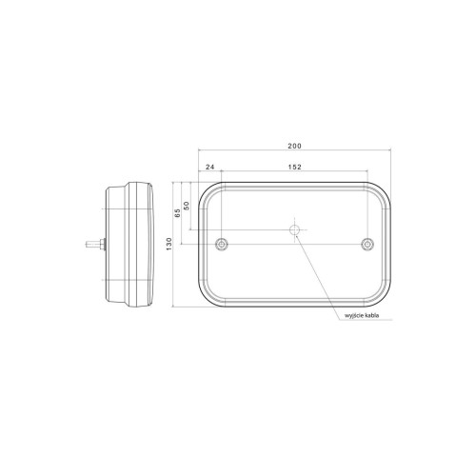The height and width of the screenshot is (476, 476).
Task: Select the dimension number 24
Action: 208,169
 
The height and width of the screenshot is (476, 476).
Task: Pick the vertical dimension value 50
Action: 187,206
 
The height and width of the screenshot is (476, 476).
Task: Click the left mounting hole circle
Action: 221,245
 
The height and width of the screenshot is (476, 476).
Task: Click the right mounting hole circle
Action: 367,245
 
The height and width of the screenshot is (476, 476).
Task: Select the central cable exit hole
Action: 295,231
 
